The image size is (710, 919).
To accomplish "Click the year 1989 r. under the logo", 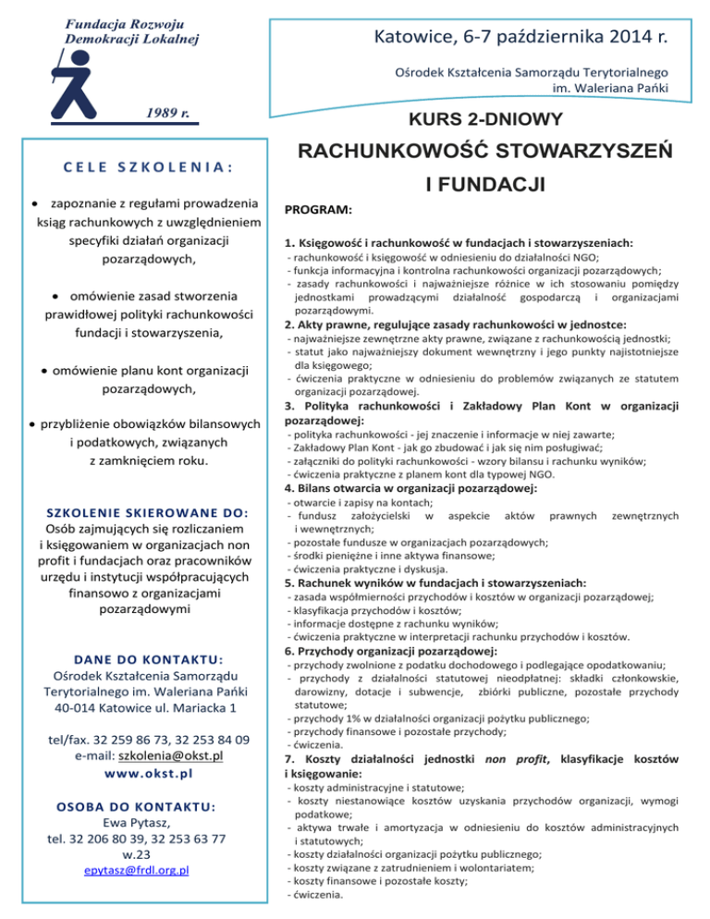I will (x=167, y=114).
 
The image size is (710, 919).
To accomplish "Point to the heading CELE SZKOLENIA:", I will (x=149, y=170).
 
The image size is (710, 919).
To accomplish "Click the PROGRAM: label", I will (x=317, y=211).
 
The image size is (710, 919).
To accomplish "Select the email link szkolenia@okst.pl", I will (x=175, y=756).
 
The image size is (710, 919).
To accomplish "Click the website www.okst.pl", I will (x=149, y=774).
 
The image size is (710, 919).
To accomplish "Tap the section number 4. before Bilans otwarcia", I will (x=289, y=488).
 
